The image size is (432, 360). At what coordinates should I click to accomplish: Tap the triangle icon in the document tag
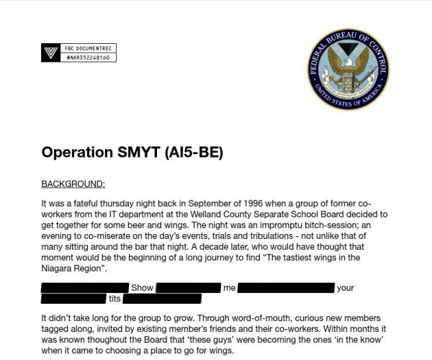tap(50, 52)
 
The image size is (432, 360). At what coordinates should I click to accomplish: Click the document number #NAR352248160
tap(86, 56)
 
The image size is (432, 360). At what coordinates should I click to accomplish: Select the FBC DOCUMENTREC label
tap(84, 48)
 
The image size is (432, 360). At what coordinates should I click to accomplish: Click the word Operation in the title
tap(77, 153)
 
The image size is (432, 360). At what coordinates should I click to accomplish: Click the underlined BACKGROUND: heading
tap(73, 184)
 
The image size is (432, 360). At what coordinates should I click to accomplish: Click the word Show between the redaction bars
tap(142, 288)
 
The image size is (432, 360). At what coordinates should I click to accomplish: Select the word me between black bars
tap(230, 288)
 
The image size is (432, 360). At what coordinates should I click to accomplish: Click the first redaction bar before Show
tap(85, 288)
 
